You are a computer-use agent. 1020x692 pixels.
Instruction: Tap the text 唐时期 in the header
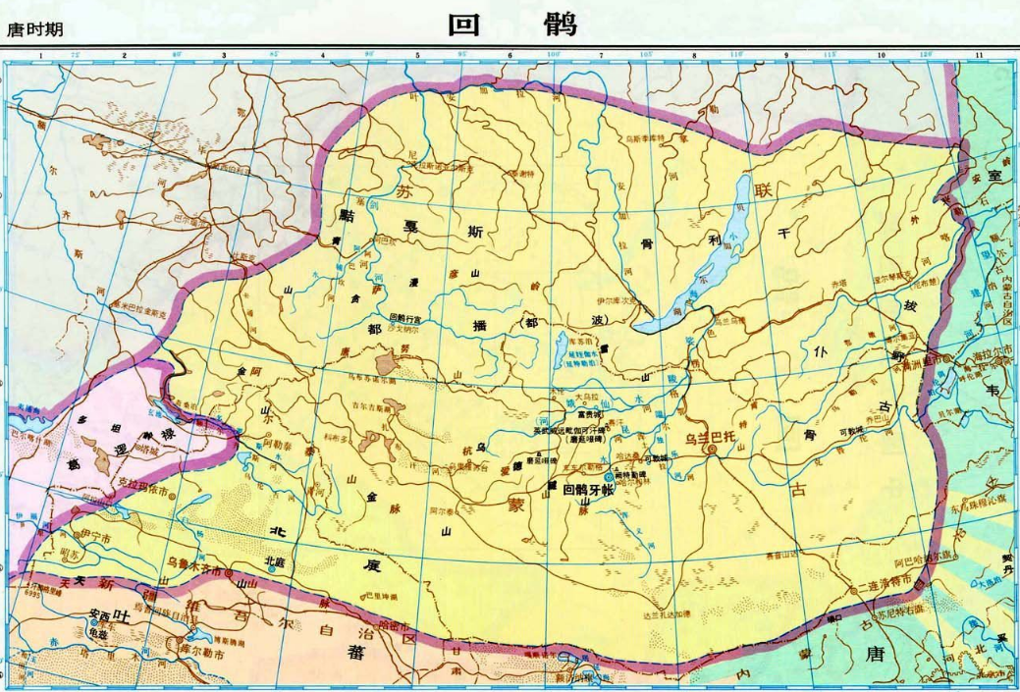(x=35, y=29)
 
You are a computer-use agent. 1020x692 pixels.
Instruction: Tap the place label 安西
(x=97, y=616)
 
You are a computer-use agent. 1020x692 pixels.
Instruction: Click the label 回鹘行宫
(x=405, y=318)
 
